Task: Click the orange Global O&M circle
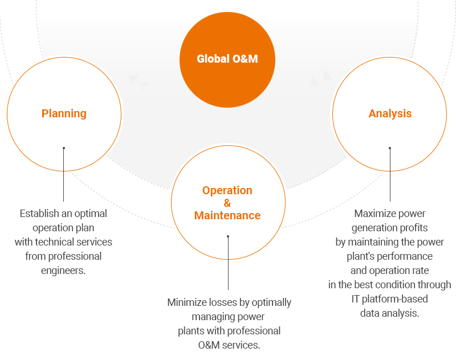(x=227, y=59)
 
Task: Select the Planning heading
(x=64, y=113)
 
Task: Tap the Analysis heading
(x=390, y=113)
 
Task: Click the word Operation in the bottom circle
(x=227, y=190)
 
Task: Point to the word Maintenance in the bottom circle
(x=227, y=215)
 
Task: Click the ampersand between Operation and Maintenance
(x=227, y=203)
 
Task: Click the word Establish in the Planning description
(x=39, y=214)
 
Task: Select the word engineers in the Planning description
(x=63, y=270)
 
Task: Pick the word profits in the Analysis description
(x=410, y=228)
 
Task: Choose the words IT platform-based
(x=390, y=298)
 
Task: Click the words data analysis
(x=390, y=313)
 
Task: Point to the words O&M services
(x=229, y=345)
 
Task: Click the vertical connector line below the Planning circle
(x=64, y=177)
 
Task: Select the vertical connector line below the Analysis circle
(x=390, y=177)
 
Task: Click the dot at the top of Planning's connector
(x=64, y=148)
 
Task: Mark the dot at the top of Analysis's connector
(x=390, y=148)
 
